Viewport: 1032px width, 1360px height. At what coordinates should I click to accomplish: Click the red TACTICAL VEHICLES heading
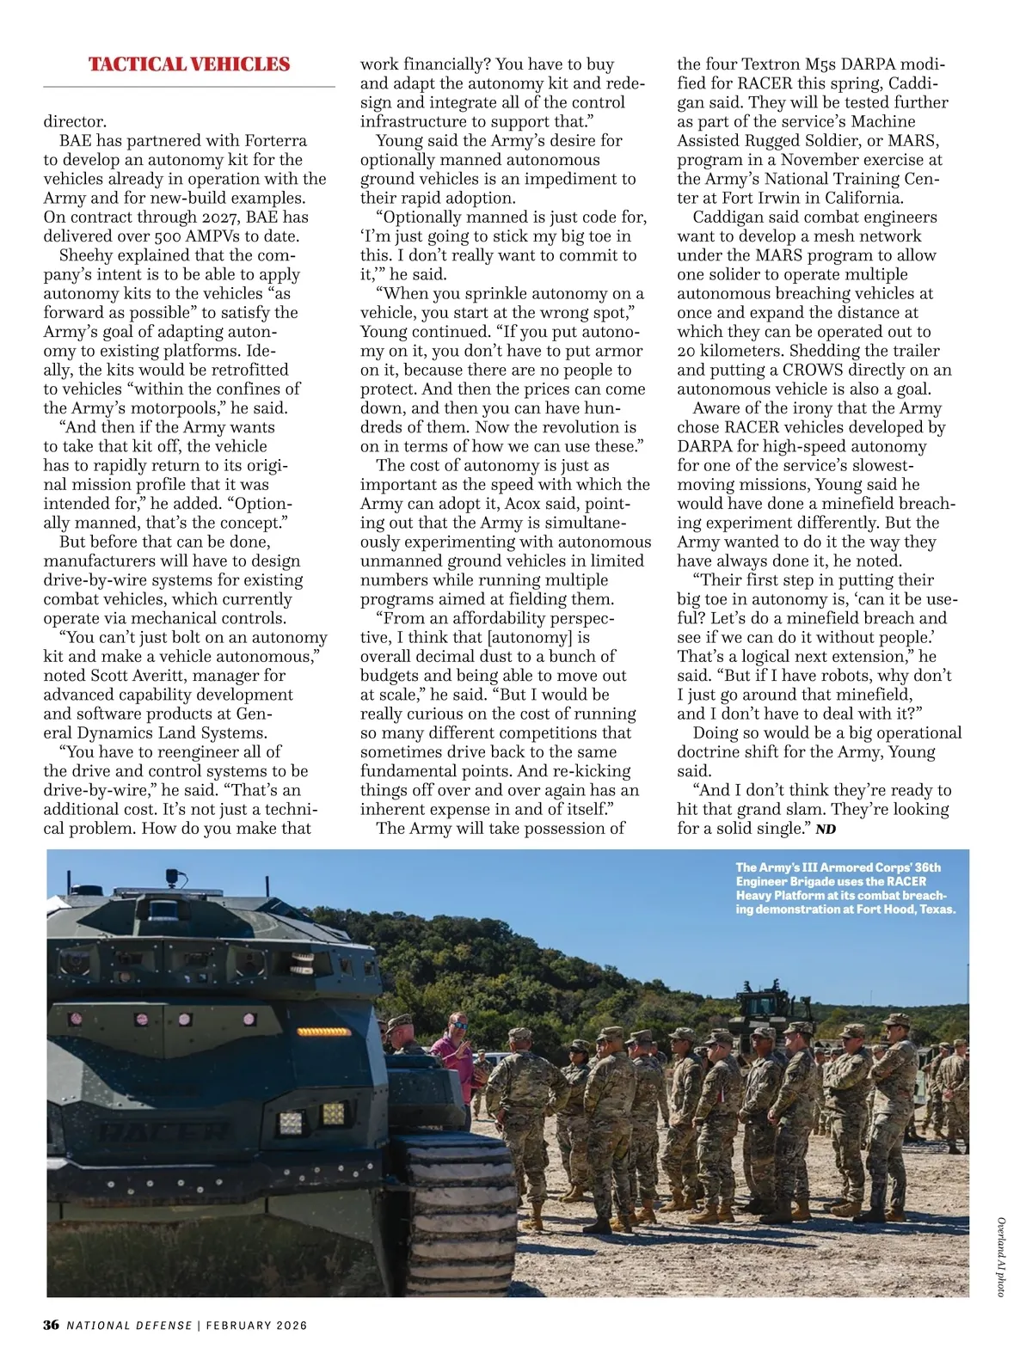[189, 64]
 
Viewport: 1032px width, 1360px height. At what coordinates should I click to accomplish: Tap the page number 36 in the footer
[52, 1325]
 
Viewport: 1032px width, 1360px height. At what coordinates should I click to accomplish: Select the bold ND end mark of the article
[826, 829]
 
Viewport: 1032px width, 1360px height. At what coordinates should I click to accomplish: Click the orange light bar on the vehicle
[324, 1032]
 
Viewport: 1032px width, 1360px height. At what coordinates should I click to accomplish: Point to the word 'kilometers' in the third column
[738, 351]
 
